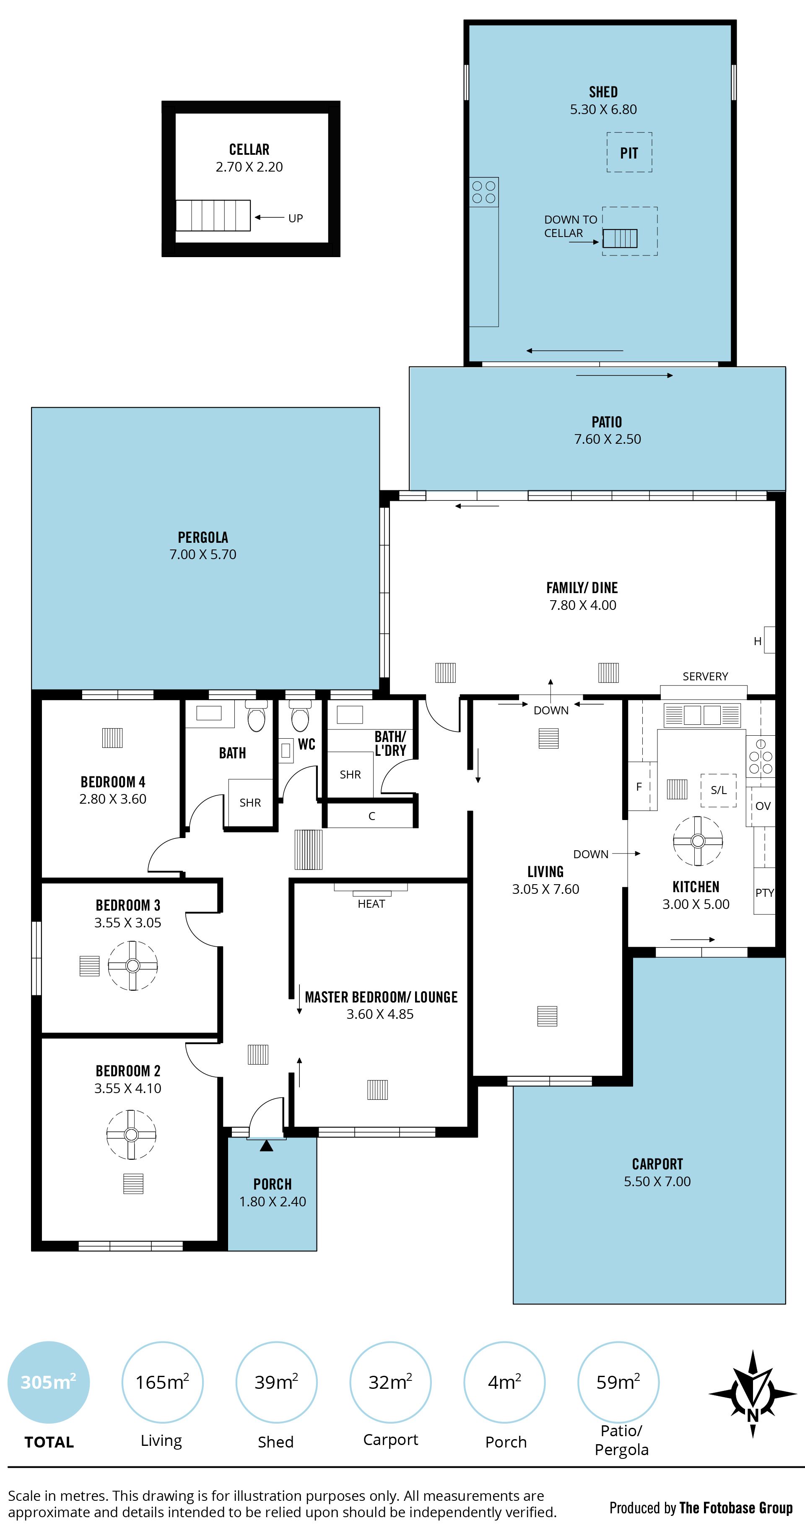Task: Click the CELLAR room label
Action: pyautogui.click(x=249, y=149)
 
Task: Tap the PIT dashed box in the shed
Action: pyautogui.click(x=629, y=133)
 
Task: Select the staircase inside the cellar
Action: pyautogui.click(x=213, y=215)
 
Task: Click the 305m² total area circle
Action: pyautogui.click(x=48, y=1383)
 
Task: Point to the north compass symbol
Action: pyautogui.click(x=752, y=1394)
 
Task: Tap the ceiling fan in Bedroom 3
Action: pyautogui.click(x=132, y=965)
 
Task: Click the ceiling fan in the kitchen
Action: pyautogui.click(x=698, y=841)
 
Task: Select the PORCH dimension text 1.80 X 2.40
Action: pyautogui.click(x=273, y=1201)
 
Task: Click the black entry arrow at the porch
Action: pyautogui.click(x=266, y=1145)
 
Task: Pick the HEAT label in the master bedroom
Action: pyautogui.click(x=371, y=904)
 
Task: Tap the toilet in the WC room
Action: pyautogui.click(x=300, y=716)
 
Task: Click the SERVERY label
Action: pyautogui.click(x=705, y=676)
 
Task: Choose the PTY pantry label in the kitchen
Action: pyautogui.click(x=765, y=893)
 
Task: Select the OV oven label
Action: pyautogui.click(x=763, y=806)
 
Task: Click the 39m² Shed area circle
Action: pyautogui.click(x=276, y=1383)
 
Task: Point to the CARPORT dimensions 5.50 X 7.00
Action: pyautogui.click(x=657, y=1182)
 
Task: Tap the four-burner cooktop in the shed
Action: pyautogui.click(x=483, y=192)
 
